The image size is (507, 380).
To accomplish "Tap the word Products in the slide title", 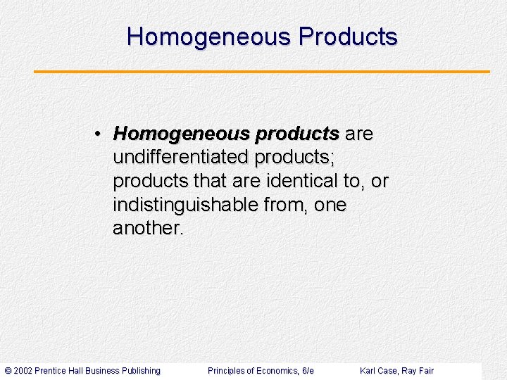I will (x=348, y=37).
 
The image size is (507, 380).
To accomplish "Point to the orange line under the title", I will (x=262, y=71).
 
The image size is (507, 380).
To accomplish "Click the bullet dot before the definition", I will (x=101, y=134).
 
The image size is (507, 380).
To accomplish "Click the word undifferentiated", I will (x=181, y=158).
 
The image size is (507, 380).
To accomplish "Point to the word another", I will (x=148, y=229).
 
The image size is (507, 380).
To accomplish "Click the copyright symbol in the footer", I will (x=8, y=371).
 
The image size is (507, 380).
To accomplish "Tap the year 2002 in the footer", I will (x=23, y=371).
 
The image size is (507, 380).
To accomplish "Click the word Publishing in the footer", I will (x=141, y=371).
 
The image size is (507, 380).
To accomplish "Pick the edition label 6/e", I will (x=307, y=371).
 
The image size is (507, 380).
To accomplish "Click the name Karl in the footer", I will (x=368, y=371).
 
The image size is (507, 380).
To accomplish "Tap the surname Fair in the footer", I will (x=426, y=371).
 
